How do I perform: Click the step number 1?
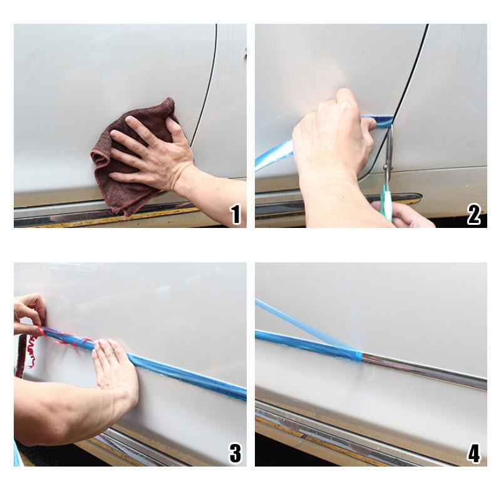(x=235, y=215)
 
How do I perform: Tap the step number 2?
(x=474, y=215)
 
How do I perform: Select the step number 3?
(x=235, y=453)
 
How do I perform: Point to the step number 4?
(x=474, y=453)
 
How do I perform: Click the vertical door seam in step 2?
(x=410, y=81)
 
